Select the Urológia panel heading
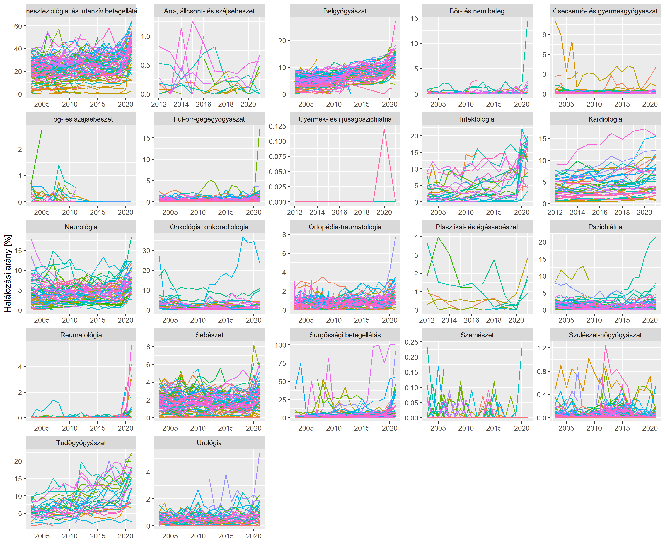tap(209, 443)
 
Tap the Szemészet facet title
tap(477, 335)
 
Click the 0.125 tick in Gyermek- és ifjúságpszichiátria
tap(277, 126)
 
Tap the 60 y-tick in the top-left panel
tap(18, 26)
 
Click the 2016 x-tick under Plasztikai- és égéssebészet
tap(472, 320)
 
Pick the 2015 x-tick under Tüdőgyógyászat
tap(98, 536)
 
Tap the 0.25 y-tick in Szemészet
tap(411, 342)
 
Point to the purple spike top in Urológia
tap(259, 453)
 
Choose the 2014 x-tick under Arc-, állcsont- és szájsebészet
tap(181, 104)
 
